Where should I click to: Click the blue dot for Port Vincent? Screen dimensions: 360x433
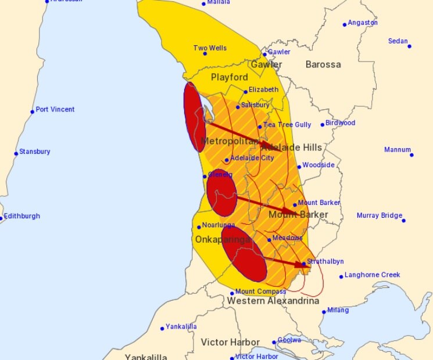[33, 111]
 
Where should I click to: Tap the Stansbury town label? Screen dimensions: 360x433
[34, 152]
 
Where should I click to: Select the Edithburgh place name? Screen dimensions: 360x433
[22, 216]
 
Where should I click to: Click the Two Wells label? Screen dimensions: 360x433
[210, 48]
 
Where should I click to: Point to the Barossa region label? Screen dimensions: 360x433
[323, 64]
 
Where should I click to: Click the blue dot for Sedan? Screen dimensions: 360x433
[409, 46]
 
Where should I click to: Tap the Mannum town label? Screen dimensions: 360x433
[398, 150]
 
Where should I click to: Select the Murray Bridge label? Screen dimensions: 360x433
[380, 215]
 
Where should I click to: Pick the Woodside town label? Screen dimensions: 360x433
[319, 165]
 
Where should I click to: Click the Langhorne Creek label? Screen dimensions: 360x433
[373, 275]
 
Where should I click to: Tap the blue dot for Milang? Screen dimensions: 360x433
[324, 312]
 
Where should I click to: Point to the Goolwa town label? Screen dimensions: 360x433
[289, 340]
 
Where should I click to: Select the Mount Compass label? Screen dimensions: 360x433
[260, 291]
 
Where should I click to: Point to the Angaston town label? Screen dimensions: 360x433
[363, 23]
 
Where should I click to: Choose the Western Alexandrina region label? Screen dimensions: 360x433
[273, 301]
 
